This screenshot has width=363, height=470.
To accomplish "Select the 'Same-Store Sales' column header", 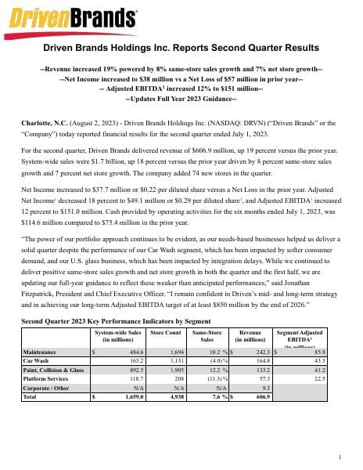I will point(207,336).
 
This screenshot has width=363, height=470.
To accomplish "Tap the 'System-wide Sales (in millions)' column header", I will point(117,336).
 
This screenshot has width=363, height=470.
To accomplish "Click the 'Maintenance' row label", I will point(40,353).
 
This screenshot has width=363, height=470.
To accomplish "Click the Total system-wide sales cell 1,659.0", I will point(130,397).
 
